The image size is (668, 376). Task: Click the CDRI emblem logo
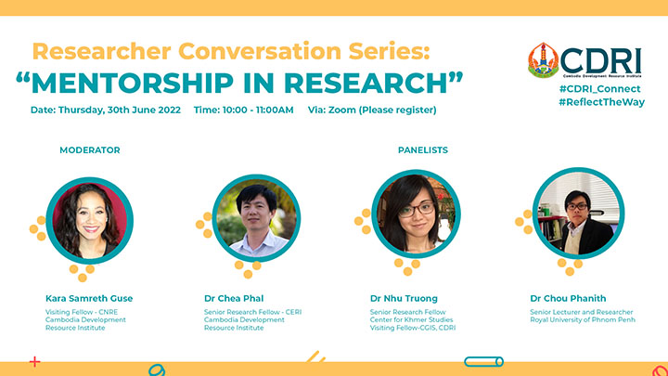coord(543,60)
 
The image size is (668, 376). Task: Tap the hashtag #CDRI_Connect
coord(600,89)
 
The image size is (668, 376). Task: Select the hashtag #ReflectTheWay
coord(601,102)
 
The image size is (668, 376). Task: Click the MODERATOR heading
coord(90,150)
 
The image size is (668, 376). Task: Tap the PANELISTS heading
coord(423,150)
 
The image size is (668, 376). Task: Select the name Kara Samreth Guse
coord(89,298)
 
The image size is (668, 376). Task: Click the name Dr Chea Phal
coord(234,298)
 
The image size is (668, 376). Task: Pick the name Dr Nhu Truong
coord(404,298)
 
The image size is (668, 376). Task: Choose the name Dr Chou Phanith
coord(568,298)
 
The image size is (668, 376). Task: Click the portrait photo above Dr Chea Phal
coord(256,218)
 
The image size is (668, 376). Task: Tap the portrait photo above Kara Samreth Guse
coord(89,221)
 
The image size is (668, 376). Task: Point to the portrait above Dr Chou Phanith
coord(579,214)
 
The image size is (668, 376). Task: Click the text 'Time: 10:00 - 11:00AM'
coord(244,110)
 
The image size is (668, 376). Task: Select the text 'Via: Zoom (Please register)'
coord(372,110)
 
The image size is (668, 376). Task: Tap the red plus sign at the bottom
coord(35,362)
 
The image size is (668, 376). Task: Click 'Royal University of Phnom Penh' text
coord(583,319)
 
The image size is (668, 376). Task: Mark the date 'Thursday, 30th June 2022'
coord(120,110)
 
